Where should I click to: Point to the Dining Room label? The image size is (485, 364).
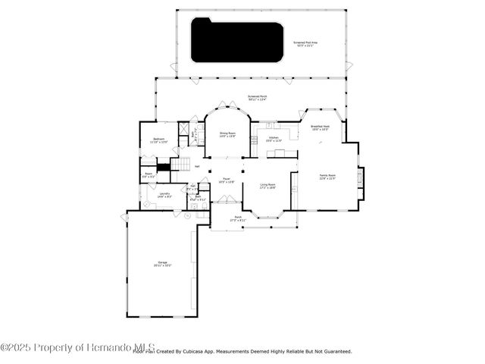[x=227, y=134]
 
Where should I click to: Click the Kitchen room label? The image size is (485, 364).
[x=273, y=139]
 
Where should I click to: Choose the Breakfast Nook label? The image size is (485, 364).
[x=320, y=128]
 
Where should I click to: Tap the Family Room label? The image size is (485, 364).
[x=327, y=176]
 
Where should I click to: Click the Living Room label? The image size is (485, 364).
[x=268, y=185]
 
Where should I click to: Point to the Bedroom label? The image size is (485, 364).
[x=159, y=140]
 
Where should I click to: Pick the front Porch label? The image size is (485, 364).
[x=237, y=218]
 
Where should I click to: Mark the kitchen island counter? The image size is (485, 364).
[x=280, y=152]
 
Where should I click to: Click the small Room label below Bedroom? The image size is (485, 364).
[x=149, y=174]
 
